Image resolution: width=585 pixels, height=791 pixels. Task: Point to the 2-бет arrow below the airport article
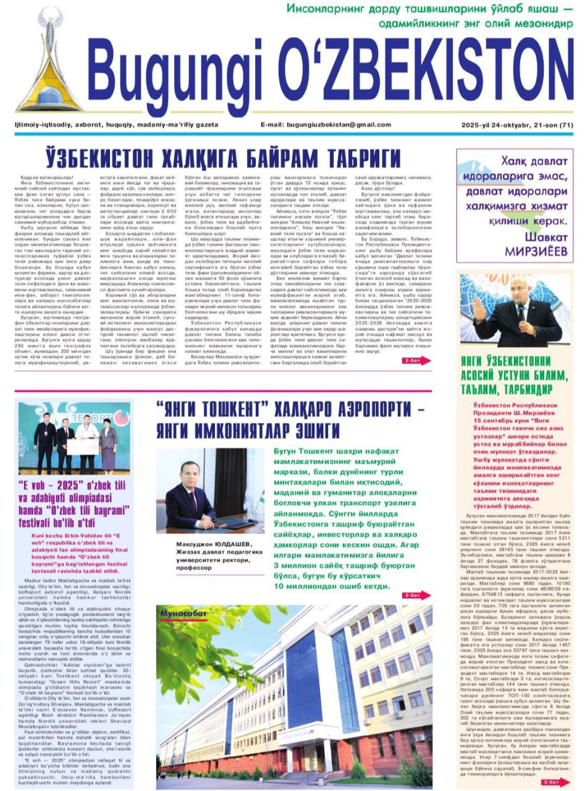tap(417, 596)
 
